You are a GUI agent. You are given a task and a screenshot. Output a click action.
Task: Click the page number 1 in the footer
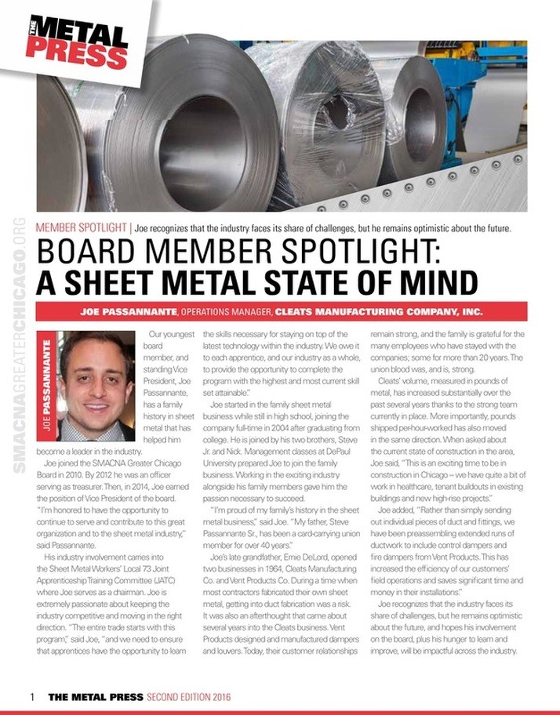tap(31, 696)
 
